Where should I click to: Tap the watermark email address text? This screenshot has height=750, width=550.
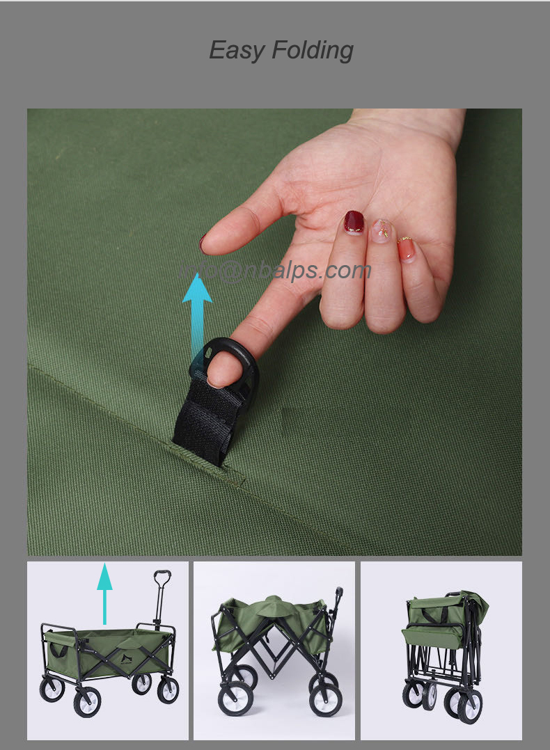(x=275, y=270)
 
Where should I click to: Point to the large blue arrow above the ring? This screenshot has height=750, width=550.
(x=197, y=306)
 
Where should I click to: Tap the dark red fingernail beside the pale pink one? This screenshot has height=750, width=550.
(x=354, y=222)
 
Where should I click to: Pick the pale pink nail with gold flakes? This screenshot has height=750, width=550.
(x=382, y=230)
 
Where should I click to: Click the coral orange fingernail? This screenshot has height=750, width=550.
(x=406, y=248)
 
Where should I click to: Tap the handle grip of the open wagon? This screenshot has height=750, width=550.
(x=162, y=579)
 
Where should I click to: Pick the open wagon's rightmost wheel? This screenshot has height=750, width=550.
(x=168, y=689)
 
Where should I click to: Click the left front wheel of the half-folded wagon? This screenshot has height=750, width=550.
(x=235, y=699)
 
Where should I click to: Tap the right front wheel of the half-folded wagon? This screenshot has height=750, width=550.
(x=327, y=699)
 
